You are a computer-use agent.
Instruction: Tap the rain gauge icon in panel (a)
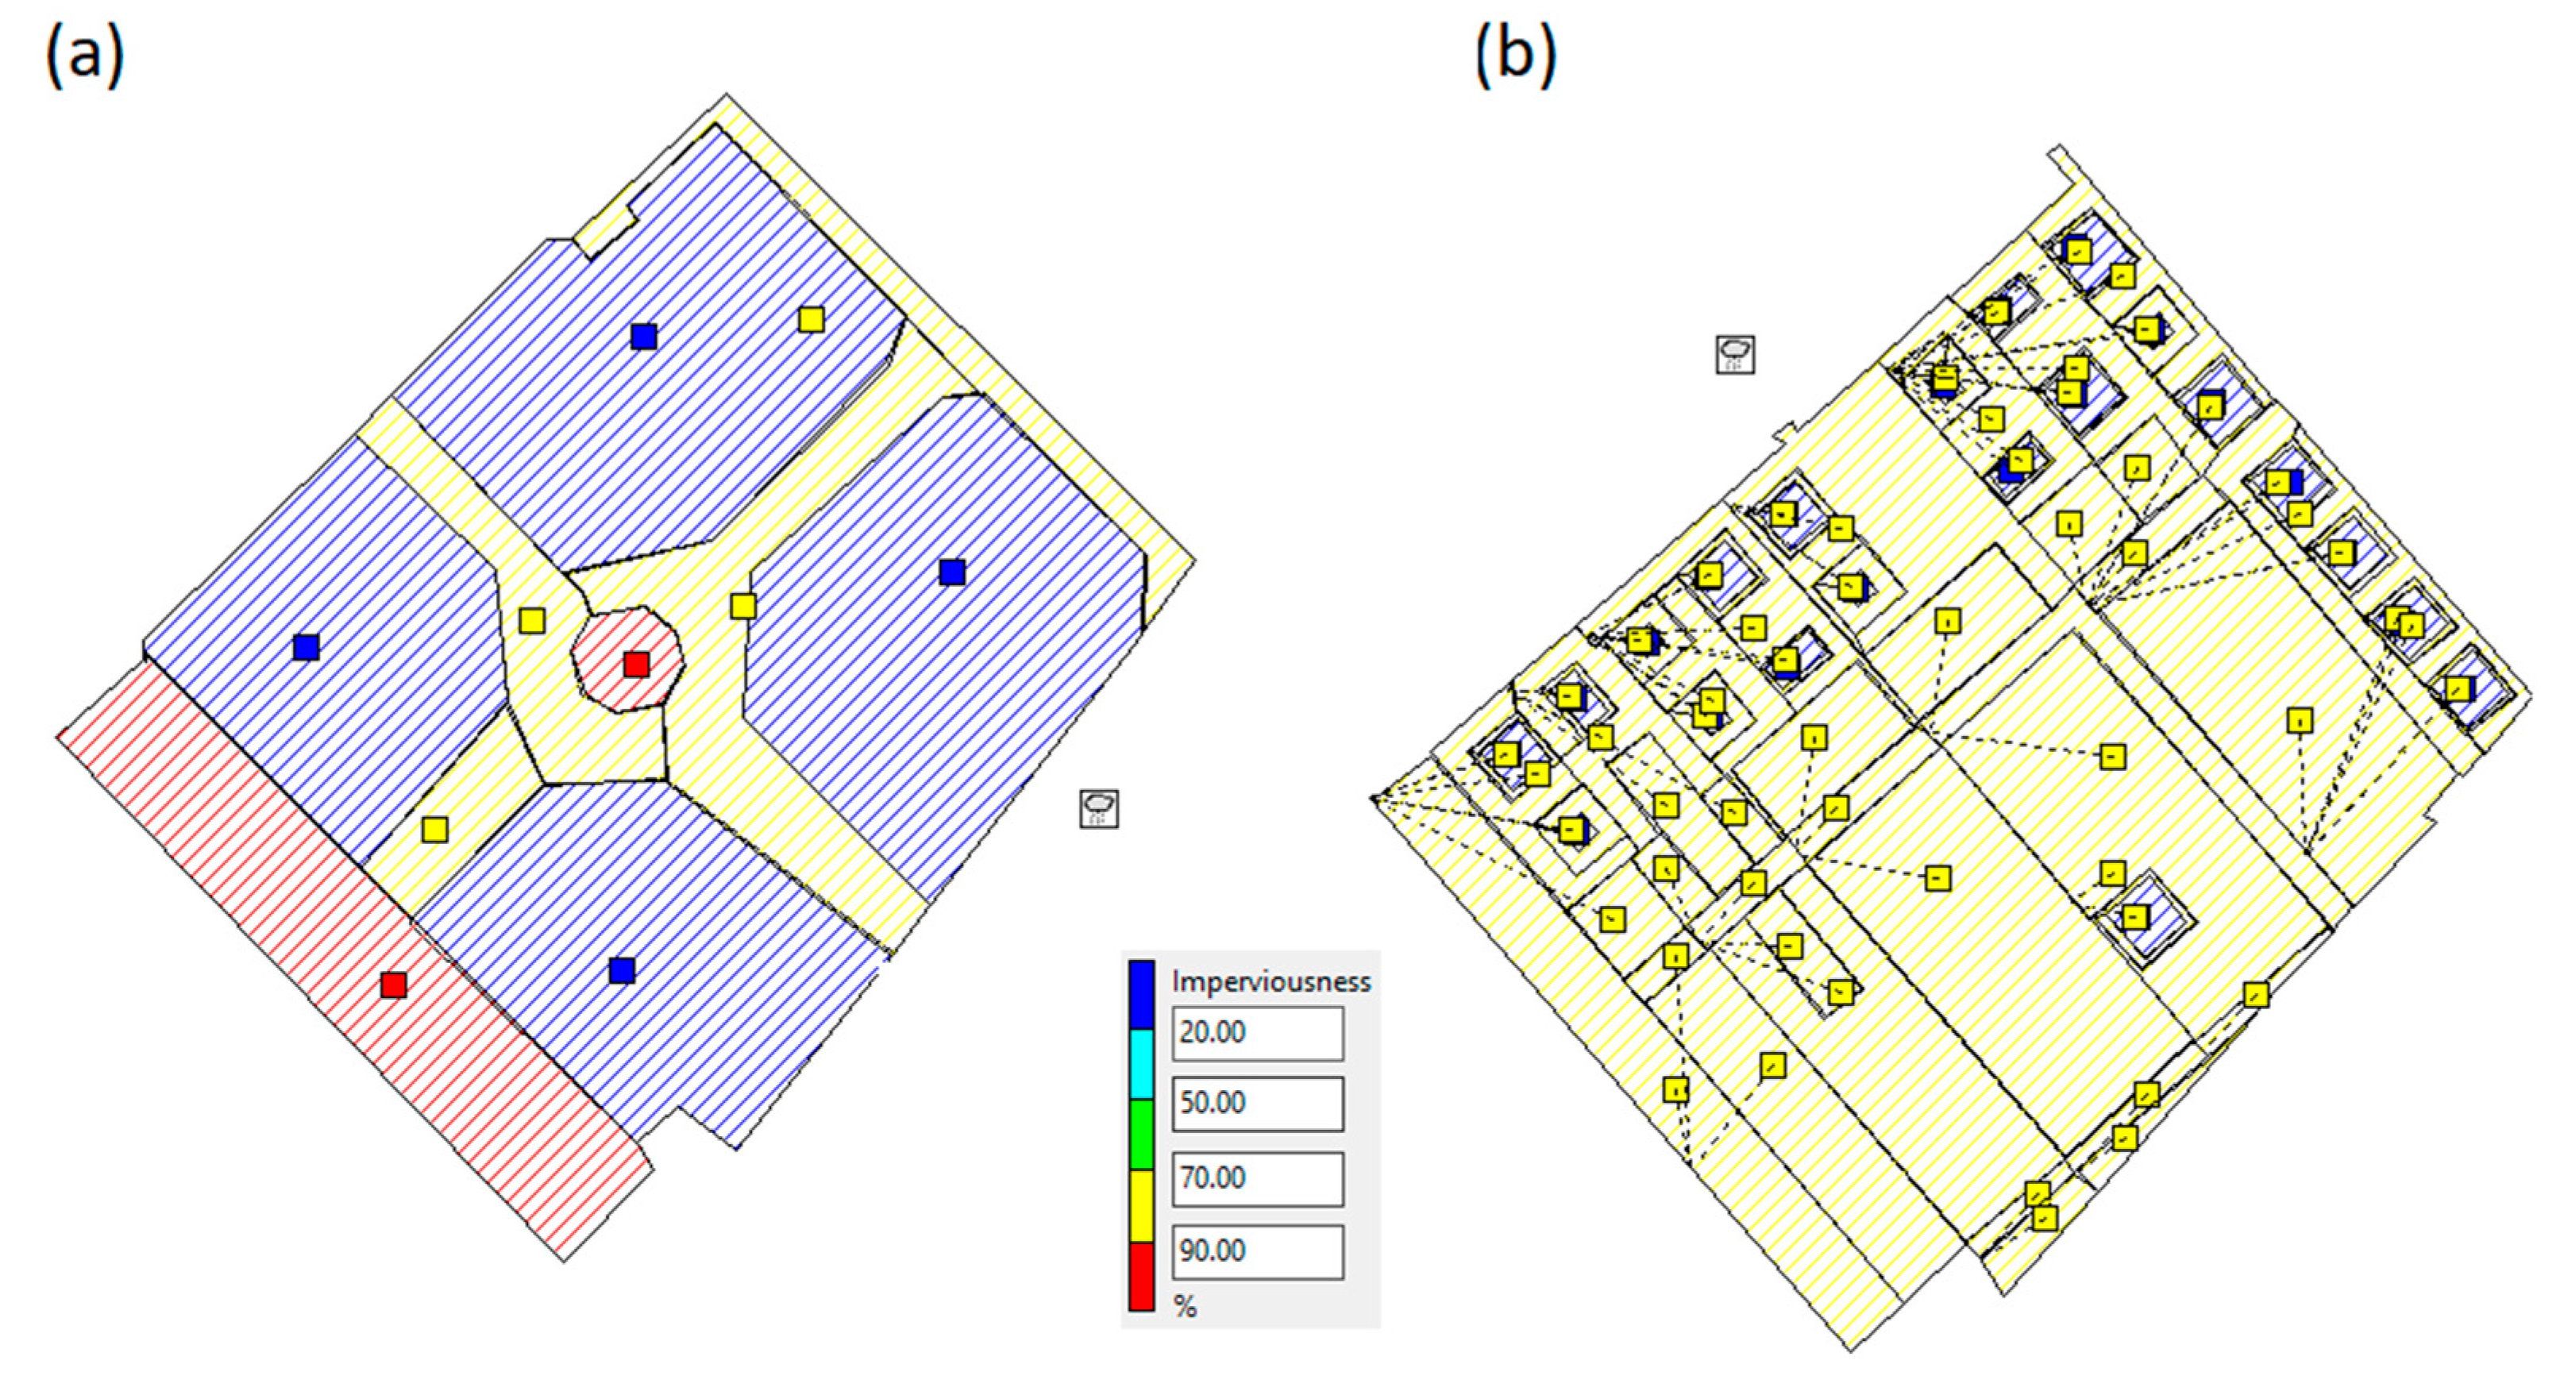click(1098, 809)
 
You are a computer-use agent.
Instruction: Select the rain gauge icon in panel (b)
click(1735, 354)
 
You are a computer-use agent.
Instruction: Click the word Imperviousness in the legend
click(1271, 981)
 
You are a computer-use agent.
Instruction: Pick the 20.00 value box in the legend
click(1257, 1033)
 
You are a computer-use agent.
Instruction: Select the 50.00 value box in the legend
click(1257, 1104)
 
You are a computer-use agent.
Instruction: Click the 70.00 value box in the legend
click(1257, 1178)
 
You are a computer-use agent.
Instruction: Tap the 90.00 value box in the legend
click(1257, 1251)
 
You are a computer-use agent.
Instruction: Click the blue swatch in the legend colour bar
click(1142, 993)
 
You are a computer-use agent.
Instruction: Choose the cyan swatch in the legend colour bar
click(1142, 1064)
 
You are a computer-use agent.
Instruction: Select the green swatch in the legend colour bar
click(1142, 1134)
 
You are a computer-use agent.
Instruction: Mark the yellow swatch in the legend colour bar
click(1142, 1205)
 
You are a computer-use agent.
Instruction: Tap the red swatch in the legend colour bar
click(1142, 1277)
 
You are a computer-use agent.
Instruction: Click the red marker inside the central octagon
click(636, 664)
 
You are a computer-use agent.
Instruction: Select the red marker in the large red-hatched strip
click(394, 985)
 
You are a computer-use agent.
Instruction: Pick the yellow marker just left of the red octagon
click(532, 621)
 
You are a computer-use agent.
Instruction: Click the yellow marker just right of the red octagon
click(742, 605)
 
